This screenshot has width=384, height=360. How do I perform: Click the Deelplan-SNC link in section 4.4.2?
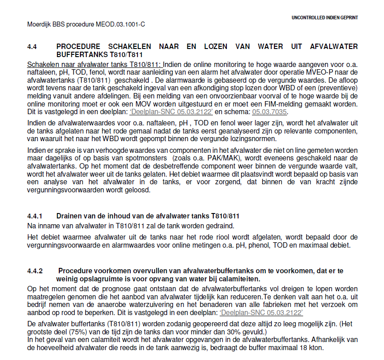[x=261, y=312]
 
